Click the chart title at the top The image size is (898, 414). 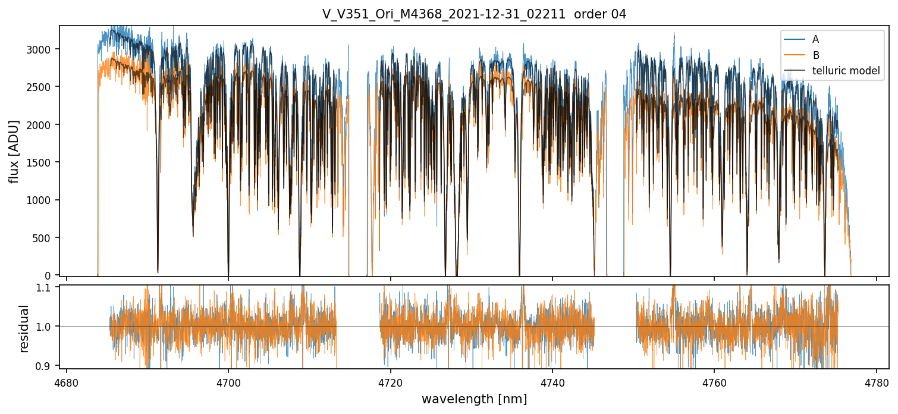(x=474, y=14)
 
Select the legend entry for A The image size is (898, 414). (x=815, y=39)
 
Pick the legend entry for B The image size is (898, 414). (x=815, y=55)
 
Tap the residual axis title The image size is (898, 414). (x=24, y=328)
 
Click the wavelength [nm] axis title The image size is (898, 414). (x=474, y=399)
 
